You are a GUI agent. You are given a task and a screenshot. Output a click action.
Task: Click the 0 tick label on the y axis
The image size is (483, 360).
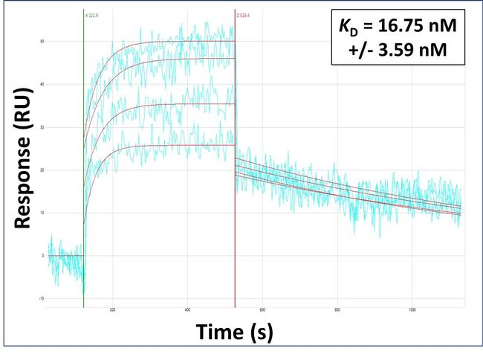(42, 256)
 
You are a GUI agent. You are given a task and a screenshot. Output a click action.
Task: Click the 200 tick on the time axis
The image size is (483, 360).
(113, 310)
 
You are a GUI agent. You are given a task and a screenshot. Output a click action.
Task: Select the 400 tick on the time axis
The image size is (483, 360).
(187, 310)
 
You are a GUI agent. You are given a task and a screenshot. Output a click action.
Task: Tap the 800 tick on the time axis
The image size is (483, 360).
(337, 310)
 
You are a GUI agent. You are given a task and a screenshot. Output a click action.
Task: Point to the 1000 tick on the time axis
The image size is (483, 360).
(412, 310)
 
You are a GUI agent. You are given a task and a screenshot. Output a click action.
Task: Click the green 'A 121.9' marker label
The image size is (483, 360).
(93, 14)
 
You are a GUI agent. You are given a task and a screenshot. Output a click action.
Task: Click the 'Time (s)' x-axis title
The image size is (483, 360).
(234, 332)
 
